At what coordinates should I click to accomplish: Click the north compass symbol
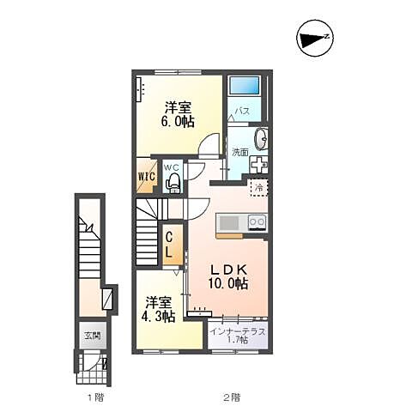[x=315, y=39]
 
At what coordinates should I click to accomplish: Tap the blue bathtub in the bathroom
[x=245, y=85]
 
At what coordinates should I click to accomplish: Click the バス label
[x=242, y=111]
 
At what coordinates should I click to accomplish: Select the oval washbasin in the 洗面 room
[x=261, y=139]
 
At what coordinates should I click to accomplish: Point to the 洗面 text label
[x=240, y=153]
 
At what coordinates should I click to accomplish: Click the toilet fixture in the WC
[x=173, y=184]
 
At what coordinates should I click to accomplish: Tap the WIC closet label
[x=147, y=176]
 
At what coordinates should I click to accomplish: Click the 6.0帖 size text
[x=178, y=122]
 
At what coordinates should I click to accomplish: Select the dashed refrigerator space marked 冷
[x=259, y=188]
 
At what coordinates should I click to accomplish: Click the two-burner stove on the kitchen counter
[x=257, y=222]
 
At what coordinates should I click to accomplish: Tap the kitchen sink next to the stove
[x=229, y=223]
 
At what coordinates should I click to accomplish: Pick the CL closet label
[x=169, y=245]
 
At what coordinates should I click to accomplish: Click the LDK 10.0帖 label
[x=228, y=276]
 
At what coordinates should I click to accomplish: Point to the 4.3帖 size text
[x=158, y=316]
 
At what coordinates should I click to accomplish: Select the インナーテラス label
[x=238, y=332]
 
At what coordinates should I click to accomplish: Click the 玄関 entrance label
[x=93, y=336]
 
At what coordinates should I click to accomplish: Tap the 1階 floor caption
[x=96, y=397]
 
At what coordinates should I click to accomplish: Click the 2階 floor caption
[x=232, y=397]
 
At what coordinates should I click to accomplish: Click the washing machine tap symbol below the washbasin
[x=258, y=165]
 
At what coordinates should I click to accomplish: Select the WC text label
[x=171, y=167]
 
